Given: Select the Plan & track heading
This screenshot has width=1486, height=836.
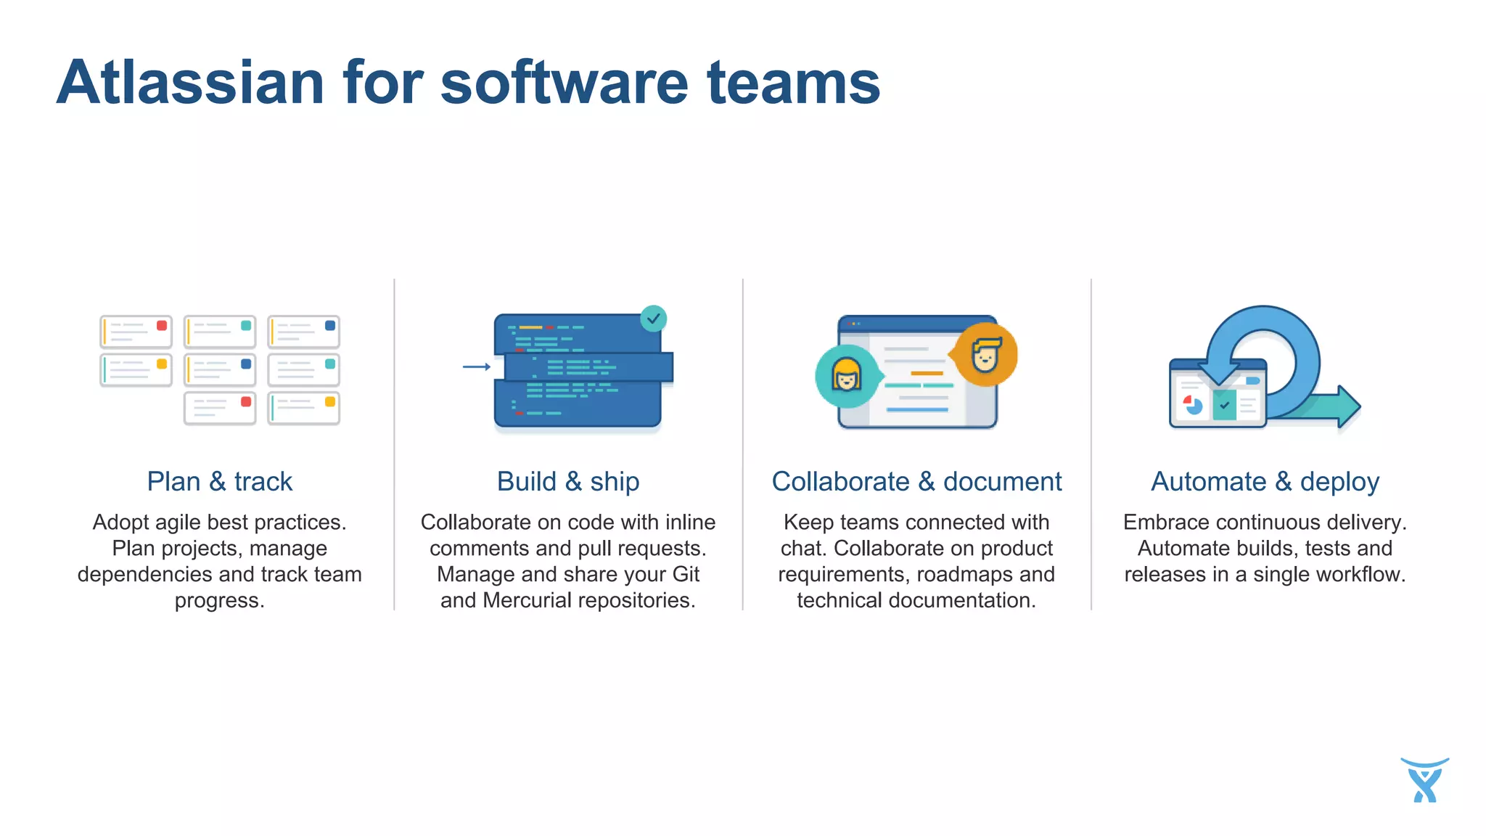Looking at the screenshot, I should [x=219, y=482].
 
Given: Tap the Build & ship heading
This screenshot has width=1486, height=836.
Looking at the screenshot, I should [x=568, y=482].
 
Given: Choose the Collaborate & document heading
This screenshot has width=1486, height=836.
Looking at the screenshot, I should [x=916, y=482].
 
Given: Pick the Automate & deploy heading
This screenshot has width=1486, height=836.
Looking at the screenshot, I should [x=1265, y=482].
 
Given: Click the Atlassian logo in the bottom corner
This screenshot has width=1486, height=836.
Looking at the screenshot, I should [x=1424, y=781].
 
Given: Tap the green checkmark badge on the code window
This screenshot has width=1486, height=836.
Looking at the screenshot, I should [x=654, y=319].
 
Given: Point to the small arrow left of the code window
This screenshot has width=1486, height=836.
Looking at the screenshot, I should [x=477, y=367].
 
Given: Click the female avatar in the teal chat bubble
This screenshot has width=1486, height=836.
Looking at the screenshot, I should [x=846, y=376].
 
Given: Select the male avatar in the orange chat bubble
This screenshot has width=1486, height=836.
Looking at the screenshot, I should [x=985, y=355].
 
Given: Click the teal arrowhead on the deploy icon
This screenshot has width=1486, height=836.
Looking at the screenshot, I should [x=1348, y=406].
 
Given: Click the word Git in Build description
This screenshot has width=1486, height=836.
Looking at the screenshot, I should [x=686, y=575].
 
